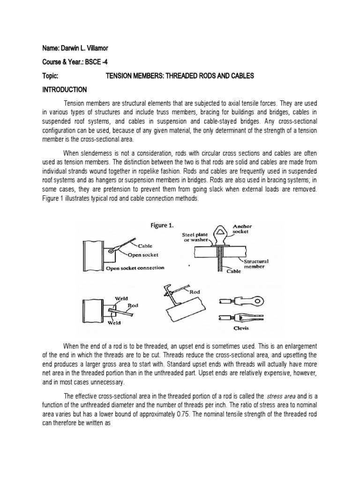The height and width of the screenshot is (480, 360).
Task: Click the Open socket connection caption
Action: [x=135, y=268]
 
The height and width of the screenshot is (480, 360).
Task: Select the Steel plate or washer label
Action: [x=192, y=238]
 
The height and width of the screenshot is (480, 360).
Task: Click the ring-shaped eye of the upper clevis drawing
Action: [x=253, y=300]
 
